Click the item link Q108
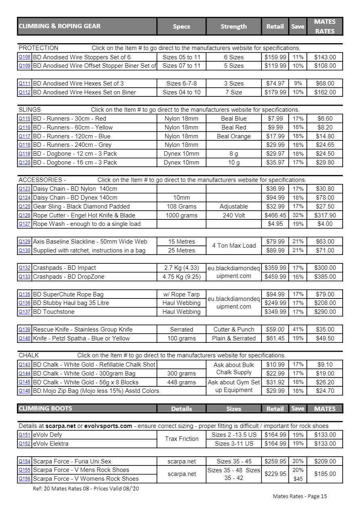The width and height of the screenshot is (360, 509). [24, 57]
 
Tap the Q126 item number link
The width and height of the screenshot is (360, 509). [24, 215]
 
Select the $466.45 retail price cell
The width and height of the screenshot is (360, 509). [275, 215]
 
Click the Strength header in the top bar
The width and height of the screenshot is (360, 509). [233, 27]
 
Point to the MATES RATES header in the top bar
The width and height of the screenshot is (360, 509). [324, 26]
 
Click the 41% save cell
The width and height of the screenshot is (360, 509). [298, 330]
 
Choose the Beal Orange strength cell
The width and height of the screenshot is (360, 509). [234, 136]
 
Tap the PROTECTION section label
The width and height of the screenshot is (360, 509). [38, 48]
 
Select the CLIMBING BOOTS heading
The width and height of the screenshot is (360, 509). [45, 409]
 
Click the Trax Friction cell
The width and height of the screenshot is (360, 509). [182, 439]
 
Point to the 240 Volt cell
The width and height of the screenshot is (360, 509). [234, 215]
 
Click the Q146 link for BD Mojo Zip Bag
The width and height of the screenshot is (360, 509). [24, 391]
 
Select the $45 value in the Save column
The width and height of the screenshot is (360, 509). [298, 479]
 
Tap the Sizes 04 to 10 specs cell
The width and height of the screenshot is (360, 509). [182, 92]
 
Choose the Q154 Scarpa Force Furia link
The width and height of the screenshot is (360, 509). [24, 461]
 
